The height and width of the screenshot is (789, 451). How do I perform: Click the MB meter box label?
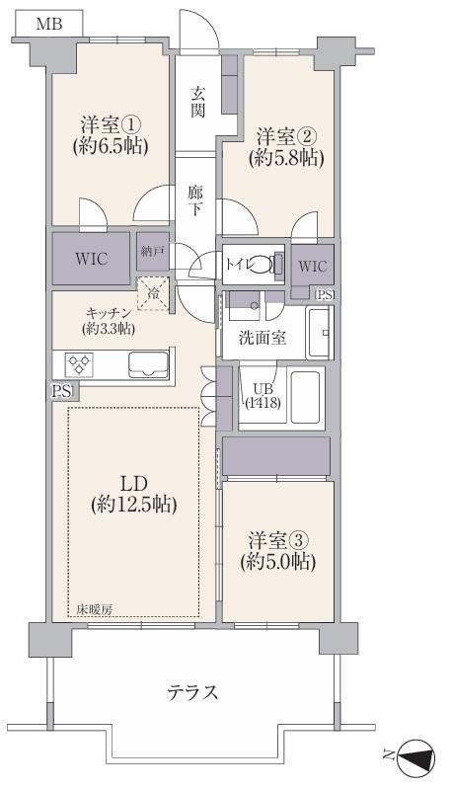tap(49, 24)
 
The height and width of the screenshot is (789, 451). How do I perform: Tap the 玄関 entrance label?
tap(197, 102)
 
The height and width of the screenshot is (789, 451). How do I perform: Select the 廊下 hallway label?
tap(195, 200)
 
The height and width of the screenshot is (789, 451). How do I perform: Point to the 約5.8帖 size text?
tap(286, 159)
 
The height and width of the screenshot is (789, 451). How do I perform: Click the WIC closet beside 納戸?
tap(91, 259)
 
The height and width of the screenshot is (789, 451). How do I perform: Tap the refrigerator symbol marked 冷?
tap(153, 293)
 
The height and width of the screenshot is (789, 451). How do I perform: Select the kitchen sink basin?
tap(148, 364)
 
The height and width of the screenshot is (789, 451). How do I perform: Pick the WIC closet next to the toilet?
tap(312, 266)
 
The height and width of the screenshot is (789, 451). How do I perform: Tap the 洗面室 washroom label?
tap(262, 337)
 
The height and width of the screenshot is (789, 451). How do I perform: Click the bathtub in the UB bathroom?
tap(307, 397)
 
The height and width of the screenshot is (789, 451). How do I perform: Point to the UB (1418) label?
tap(263, 396)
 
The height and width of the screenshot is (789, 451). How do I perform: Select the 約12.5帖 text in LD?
tap(133, 505)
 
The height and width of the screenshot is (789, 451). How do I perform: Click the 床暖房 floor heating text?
tap(94, 609)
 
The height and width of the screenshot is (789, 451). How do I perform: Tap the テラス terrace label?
tap(192, 692)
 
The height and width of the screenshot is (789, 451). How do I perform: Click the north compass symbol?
tap(415, 755)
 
